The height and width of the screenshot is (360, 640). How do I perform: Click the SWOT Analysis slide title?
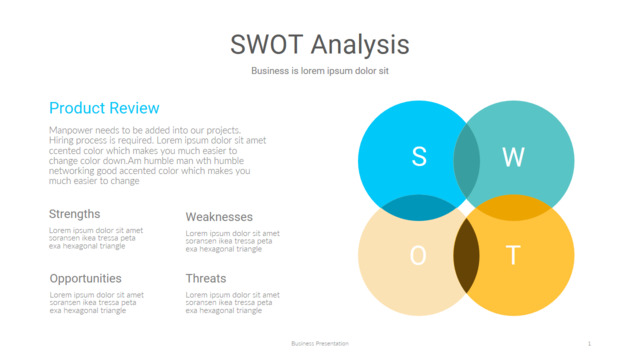coord(319,45)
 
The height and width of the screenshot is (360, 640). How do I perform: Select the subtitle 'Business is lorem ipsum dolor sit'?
coord(319,72)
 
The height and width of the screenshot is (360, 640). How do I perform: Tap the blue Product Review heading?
coord(104,108)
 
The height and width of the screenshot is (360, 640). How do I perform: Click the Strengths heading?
coord(74,214)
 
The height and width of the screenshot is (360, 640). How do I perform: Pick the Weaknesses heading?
coord(219,217)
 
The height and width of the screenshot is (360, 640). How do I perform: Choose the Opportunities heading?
coord(85,278)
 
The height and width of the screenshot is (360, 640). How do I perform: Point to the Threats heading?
coord(206,278)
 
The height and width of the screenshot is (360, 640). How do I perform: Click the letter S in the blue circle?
coord(419,156)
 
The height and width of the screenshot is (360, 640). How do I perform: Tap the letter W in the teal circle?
coord(512,156)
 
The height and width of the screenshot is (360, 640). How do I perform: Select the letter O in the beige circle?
coord(418,256)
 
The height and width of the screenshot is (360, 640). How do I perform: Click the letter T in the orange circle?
coord(513,256)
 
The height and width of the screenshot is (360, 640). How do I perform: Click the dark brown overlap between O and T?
coord(466,255)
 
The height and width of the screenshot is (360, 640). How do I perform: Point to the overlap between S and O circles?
coord(419,207)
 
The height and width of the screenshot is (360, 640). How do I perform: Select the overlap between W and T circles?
coord(513,207)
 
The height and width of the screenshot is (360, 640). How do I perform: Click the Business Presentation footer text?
coord(319,343)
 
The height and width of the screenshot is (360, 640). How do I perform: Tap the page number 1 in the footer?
coord(589,343)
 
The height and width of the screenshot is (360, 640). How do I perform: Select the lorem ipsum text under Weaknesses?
coord(232,241)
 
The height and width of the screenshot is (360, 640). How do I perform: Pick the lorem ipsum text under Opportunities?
coord(96,302)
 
